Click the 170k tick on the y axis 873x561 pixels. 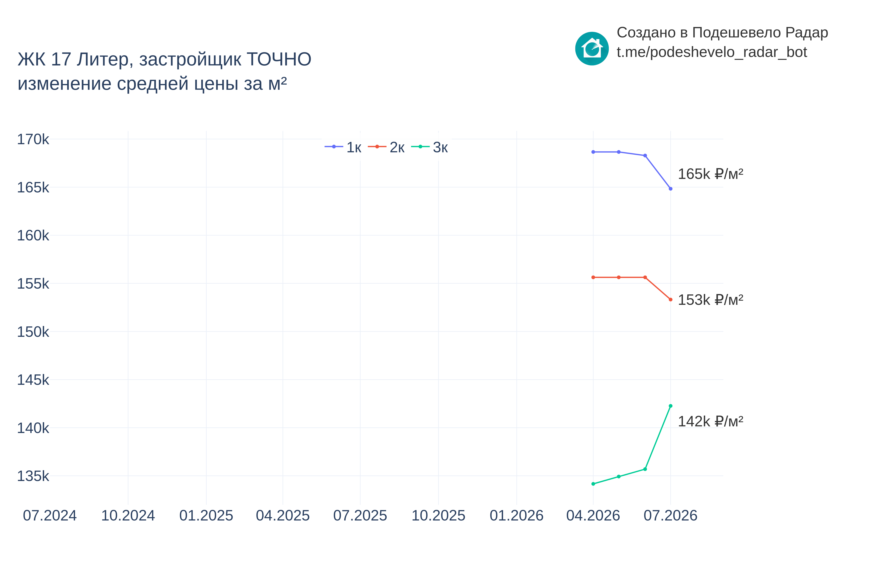click(x=33, y=139)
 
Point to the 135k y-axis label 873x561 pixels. click(x=33, y=476)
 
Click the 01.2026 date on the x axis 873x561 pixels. click(x=516, y=515)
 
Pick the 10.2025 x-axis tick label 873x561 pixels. click(x=438, y=515)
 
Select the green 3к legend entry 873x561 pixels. click(x=430, y=147)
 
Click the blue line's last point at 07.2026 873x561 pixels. click(x=670, y=189)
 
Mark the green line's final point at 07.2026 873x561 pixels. click(x=670, y=406)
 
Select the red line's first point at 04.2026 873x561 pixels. click(x=593, y=277)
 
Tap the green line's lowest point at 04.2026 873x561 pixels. click(x=593, y=484)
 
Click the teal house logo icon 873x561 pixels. click(x=592, y=48)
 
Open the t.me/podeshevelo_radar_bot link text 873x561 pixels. click(x=711, y=52)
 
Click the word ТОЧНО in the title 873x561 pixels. click(x=279, y=59)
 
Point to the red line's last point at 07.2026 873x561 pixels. click(x=670, y=299)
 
